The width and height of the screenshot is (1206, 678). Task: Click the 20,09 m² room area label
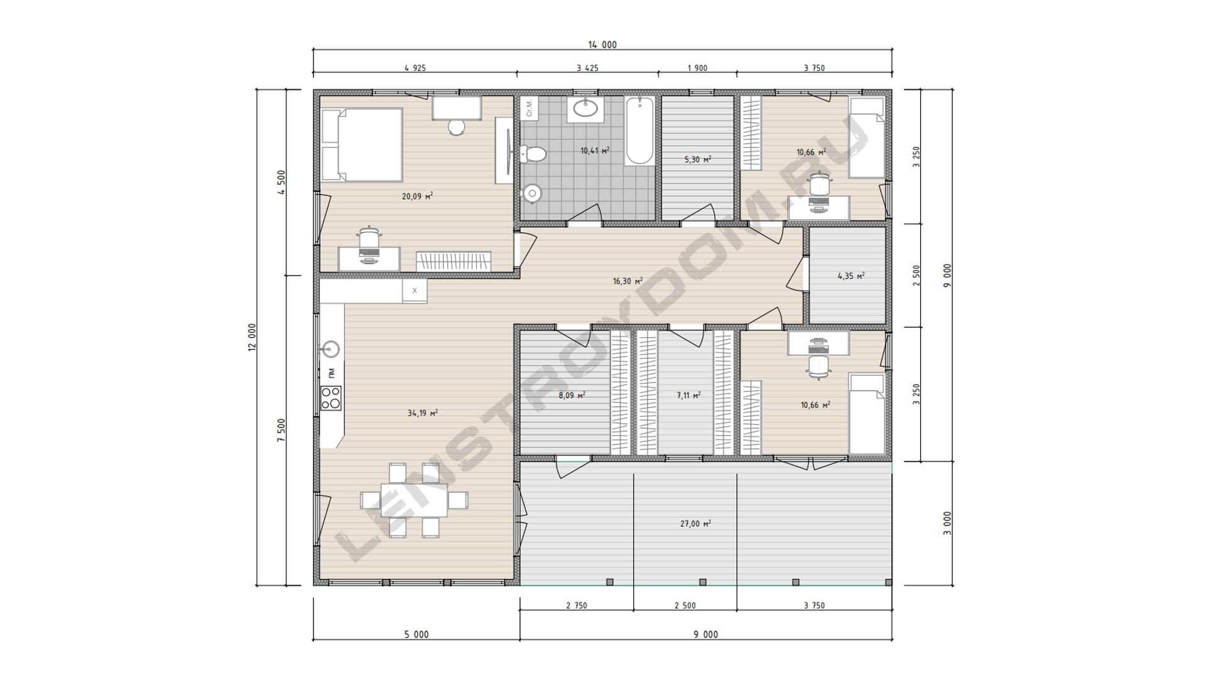(x=418, y=196)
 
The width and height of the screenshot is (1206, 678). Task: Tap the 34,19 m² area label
(x=423, y=413)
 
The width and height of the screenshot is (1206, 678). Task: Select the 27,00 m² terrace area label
(x=696, y=524)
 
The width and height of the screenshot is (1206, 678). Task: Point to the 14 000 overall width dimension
(x=602, y=45)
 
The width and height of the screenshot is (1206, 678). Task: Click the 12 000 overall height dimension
(x=253, y=337)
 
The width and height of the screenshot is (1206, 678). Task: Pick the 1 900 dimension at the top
(x=697, y=68)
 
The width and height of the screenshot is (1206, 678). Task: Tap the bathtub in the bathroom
(x=639, y=131)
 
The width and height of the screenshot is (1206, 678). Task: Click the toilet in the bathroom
(x=533, y=154)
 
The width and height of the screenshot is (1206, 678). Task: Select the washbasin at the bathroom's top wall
(x=585, y=109)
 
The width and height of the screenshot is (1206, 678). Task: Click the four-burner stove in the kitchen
(x=331, y=398)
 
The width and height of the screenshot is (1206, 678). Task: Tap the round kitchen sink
(x=330, y=348)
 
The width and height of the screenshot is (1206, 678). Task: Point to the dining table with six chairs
(x=414, y=500)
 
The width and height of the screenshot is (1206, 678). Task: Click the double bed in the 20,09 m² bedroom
(x=362, y=145)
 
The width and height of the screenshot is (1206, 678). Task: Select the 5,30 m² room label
(x=698, y=159)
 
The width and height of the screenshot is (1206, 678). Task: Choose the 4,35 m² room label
(x=851, y=276)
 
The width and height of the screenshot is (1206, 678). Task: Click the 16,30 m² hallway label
(x=627, y=281)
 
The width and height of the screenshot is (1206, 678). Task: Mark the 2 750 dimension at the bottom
(x=577, y=605)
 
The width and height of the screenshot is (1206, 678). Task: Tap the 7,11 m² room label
(x=688, y=395)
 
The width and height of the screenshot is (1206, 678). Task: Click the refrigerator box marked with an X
(x=415, y=291)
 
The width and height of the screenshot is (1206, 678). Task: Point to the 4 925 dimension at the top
(x=415, y=68)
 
